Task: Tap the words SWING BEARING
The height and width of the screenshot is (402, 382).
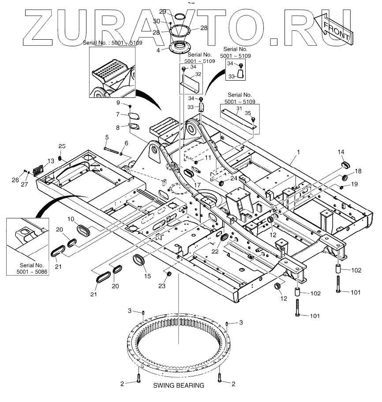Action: [x=179, y=385]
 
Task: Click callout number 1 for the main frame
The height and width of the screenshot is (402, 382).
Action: [x=299, y=152]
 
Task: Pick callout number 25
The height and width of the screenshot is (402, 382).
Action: [x=62, y=146]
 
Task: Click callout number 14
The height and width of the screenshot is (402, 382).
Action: [x=341, y=152]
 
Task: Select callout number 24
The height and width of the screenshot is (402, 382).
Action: [x=233, y=179]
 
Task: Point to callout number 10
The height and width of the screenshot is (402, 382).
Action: [x=71, y=219]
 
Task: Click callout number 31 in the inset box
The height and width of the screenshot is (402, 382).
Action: [x=239, y=109]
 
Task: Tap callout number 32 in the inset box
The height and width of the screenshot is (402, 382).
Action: [x=198, y=74]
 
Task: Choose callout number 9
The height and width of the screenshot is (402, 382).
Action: [x=118, y=103]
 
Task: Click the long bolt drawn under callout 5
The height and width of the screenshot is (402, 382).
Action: [x=112, y=149]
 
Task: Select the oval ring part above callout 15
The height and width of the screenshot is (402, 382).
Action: [x=140, y=260]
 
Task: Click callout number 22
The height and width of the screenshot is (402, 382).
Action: [x=215, y=251]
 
